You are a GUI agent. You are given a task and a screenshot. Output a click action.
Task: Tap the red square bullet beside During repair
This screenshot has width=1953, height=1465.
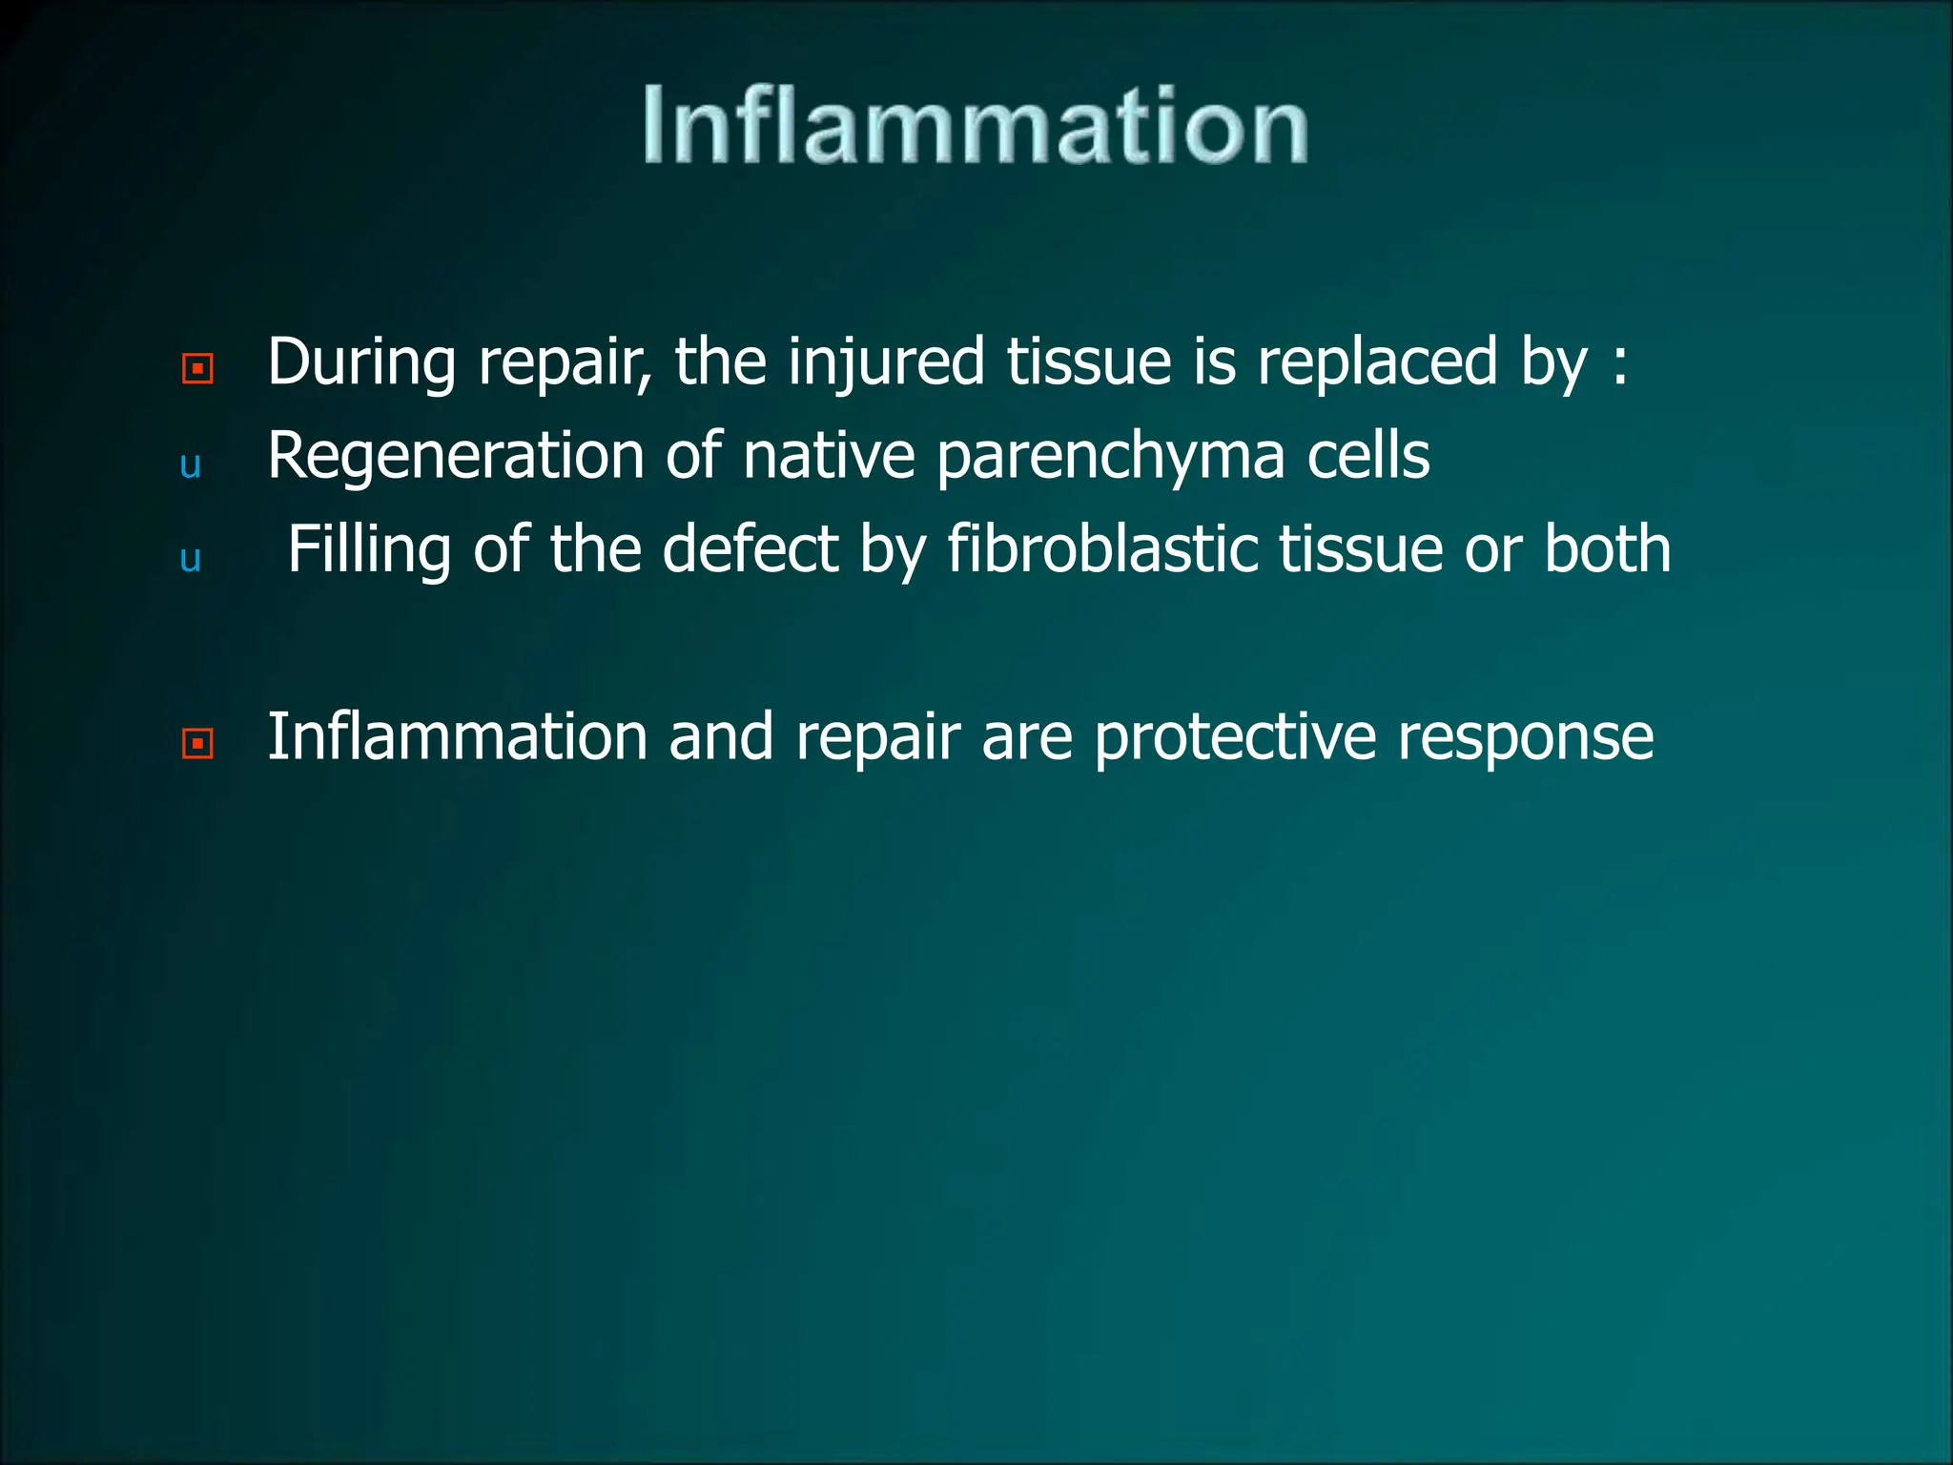197,368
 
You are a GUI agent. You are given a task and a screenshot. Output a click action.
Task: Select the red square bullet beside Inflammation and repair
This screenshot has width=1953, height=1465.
197,743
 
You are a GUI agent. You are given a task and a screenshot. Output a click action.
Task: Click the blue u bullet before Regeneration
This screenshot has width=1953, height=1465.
190,465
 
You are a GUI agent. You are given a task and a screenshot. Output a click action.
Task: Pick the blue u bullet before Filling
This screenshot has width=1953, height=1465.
190,559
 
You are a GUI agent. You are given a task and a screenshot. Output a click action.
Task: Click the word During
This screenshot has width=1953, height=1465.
361,362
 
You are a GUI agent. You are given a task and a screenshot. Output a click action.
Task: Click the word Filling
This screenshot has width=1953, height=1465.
369,549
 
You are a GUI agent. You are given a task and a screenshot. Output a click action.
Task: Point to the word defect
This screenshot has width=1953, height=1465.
750,549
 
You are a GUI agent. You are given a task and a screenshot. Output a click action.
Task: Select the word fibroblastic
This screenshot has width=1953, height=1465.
1101,549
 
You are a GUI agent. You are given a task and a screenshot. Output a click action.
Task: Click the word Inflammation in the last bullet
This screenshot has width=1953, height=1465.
457,736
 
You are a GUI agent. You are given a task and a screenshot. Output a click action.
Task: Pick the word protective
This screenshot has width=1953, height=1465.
1235,736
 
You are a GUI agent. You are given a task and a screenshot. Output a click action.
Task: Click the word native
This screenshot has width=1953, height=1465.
829,456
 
